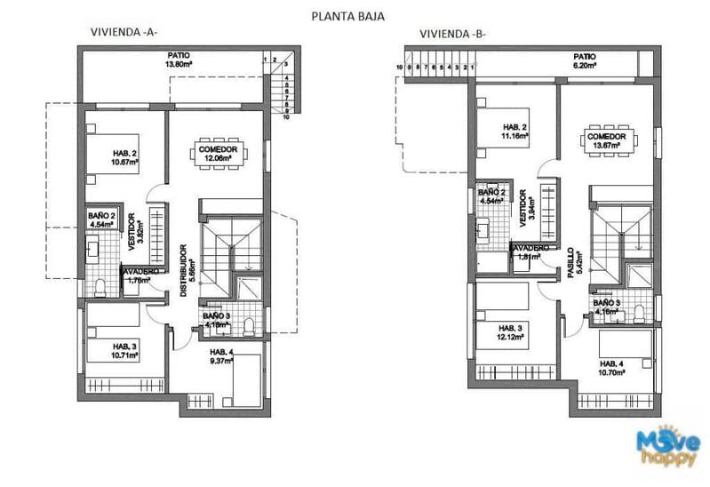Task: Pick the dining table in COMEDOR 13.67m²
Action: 610,143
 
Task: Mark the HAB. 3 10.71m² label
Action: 116,351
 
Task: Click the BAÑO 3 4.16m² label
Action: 609,307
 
